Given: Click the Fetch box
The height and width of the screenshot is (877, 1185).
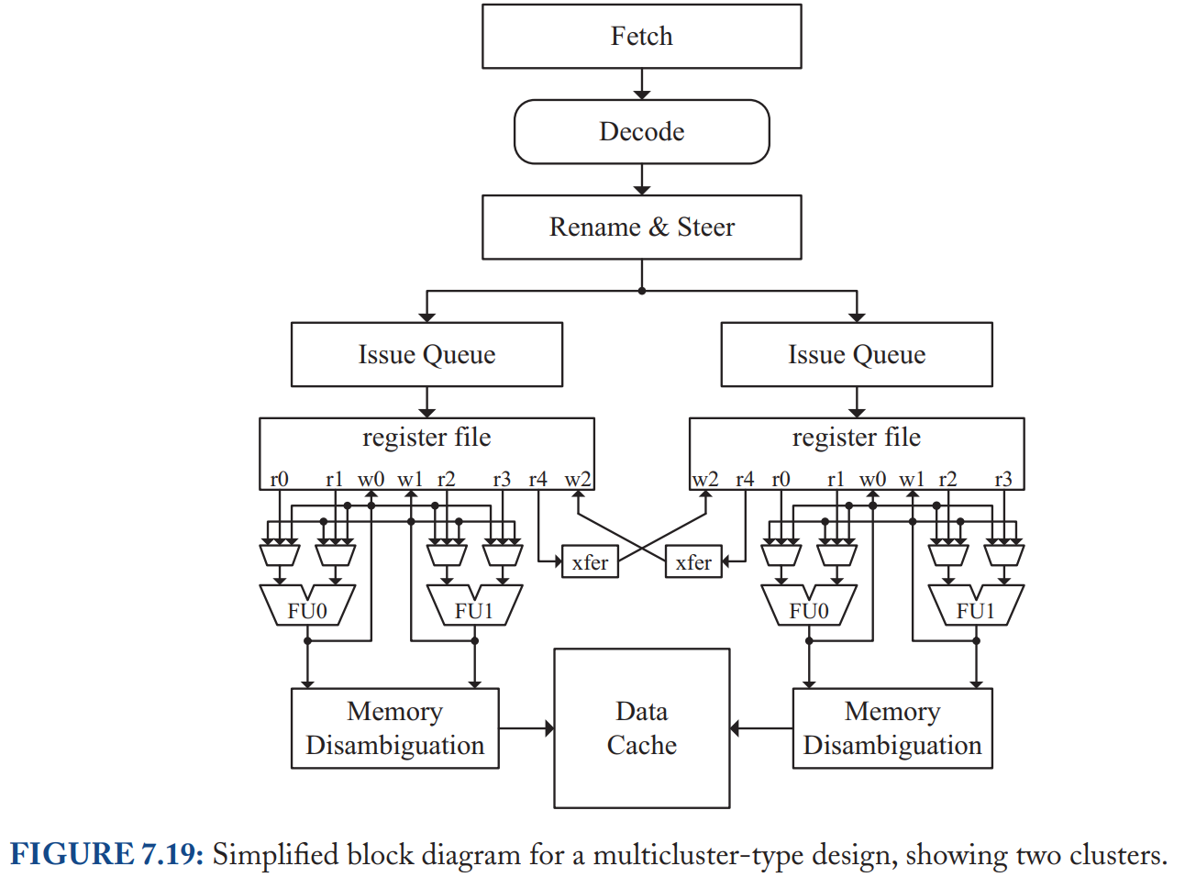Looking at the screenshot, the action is coord(641,37).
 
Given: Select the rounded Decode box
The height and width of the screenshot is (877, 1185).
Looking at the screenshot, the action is coord(641,131).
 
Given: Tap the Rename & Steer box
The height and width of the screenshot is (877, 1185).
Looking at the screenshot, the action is coord(641,228).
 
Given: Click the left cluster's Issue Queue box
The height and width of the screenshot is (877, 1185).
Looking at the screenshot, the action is coord(426,354).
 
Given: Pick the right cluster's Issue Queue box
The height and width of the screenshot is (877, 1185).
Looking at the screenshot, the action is coord(857,354).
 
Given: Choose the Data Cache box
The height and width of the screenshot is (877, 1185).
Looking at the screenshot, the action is coord(641,728).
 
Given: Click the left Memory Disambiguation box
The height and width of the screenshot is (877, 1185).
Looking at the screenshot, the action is coord(394,728).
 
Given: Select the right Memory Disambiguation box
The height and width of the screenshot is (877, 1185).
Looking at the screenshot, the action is coord(892,728).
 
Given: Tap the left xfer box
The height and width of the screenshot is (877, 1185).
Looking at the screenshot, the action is coord(590,561).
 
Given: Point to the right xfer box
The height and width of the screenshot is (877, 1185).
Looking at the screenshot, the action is coord(693,561).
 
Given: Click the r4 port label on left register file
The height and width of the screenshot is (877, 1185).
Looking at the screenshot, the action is coord(538,480).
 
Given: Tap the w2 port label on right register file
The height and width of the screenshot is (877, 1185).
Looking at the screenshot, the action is coord(705,480).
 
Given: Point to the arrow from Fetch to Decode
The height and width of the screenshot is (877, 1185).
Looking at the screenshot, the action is coord(642,83).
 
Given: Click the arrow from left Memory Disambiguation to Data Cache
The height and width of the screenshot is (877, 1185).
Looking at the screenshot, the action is coord(526,727).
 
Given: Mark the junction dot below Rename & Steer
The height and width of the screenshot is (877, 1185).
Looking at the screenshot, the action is coord(642,292).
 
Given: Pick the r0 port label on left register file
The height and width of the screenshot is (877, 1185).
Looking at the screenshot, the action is coord(279,480).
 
